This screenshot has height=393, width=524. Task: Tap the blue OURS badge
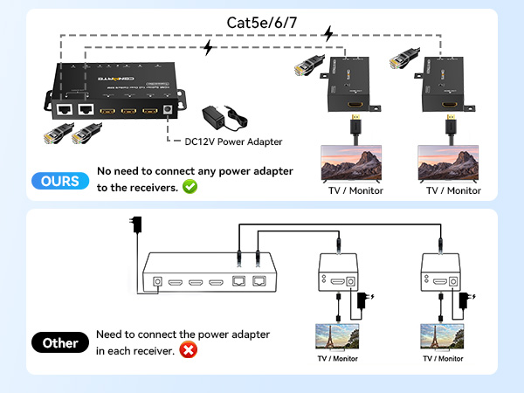(61, 181)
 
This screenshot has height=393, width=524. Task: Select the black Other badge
(61, 343)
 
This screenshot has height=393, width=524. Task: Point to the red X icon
(187, 350)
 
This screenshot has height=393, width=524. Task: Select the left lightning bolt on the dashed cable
(208, 48)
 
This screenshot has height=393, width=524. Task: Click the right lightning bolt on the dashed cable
(327, 33)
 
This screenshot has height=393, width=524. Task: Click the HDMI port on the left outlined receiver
(336, 281)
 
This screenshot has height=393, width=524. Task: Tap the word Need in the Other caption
(110, 334)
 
